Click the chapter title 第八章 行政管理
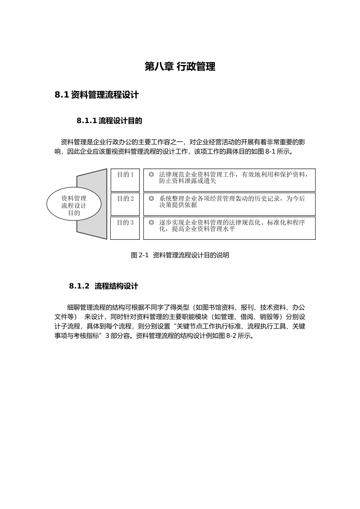click(180, 67)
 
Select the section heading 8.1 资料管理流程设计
click(97, 95)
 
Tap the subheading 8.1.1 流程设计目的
click(109, 121)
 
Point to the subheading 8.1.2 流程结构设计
click(103, 286)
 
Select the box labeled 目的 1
click(125, 180)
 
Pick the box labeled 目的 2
click(125, 204)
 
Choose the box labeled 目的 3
click(125, 228)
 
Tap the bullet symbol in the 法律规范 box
click(151, 175)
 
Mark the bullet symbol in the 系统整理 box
click(151, 198)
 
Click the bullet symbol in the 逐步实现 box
click(151, 222)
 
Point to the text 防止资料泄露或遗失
click(188, 181)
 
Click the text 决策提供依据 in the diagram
click(178, 205)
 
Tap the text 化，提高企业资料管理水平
click(197, 229)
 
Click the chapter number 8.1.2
click(79, 286)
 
